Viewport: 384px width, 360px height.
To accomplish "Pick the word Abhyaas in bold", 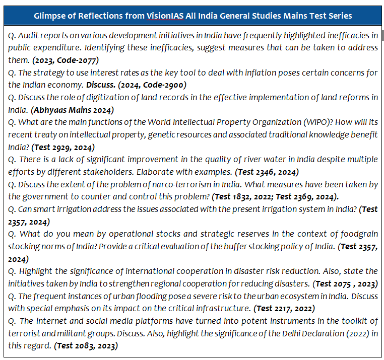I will pyautogui.click(x=49, y=110).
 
